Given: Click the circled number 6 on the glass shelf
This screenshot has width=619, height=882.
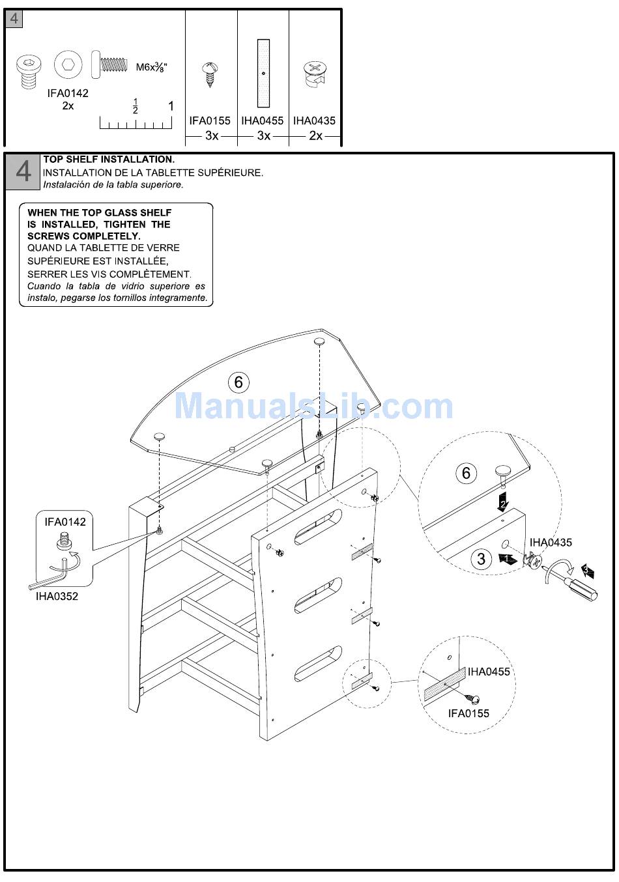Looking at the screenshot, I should pyautogui.click(x=238, y=382).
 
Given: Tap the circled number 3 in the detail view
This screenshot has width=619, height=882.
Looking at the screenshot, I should pyautogui.click(x=482, y=559).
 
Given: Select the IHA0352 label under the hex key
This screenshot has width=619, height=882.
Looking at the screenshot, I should pyautogui.click(x=57, y=596).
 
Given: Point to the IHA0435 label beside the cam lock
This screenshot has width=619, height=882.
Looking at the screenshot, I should pyautogui.click(x=551, y=542).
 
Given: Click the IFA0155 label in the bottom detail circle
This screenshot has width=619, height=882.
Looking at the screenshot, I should pyautogui.click(x=468, y=713).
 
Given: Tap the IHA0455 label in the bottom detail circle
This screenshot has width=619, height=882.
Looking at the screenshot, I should pyautogui.click(x=489, y=672).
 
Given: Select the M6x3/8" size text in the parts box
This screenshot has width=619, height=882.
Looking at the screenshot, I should pyautogui.click(x=151, y=66).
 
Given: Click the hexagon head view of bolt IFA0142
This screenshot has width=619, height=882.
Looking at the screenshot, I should pyautogui.click(x=68, y=66).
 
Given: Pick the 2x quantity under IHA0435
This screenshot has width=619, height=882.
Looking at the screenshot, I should pyautogui.click(x=315, y=135).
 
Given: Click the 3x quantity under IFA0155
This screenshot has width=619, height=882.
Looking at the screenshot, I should pyautogui.click(x=212, y=135).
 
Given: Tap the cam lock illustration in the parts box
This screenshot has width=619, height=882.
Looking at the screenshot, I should pyautogui.click(x=315, y=74).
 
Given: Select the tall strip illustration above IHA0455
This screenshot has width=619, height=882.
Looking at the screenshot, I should pyautogui.click(x=263, y=73).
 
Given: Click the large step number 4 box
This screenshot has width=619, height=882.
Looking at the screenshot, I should pyautogui.click(x=23, y=171).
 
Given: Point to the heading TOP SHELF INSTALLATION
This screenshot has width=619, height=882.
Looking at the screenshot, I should pyautogui.click(x=109, y=160).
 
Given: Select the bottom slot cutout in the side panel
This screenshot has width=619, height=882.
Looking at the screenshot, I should pyautogui.click(x=318, y=664).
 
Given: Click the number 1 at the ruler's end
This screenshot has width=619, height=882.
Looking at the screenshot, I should pyautogui.click(x=171, y=106).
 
